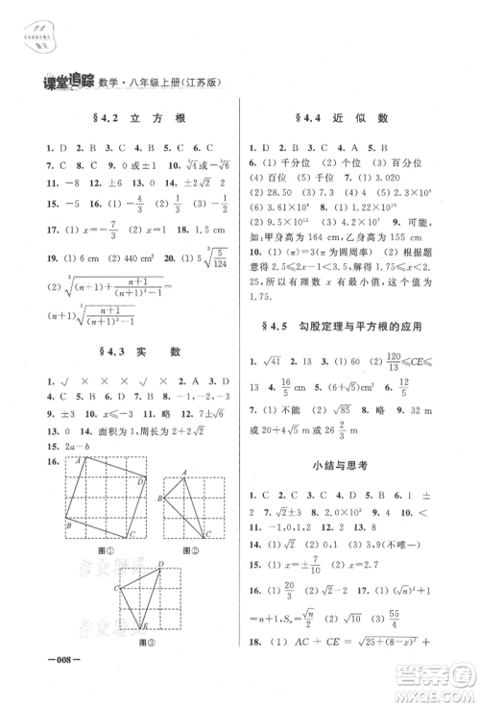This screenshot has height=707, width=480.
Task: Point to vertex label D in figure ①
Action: pos(142,480)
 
